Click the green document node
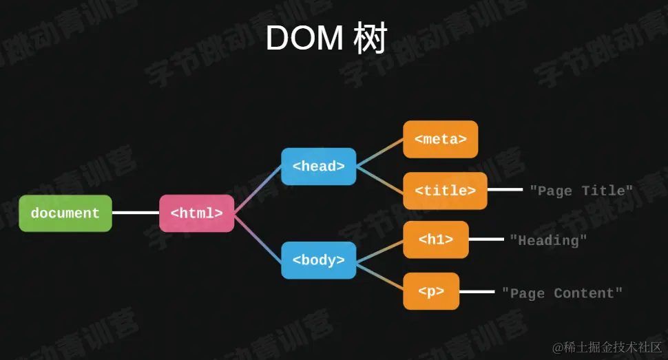coord(65,213)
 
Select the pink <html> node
coord(196,213)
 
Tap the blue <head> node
coord(318,167)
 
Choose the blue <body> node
coord(318,260)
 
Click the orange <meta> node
coord(440,139)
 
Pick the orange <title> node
coord(445,191)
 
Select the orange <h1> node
coord(435,240)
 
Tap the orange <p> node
coord(431,291)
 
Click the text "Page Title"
coord(581,191)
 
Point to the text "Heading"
coord(548,240)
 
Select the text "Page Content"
coord(562,293)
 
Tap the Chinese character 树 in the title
coord(370,39)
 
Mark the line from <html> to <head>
coord(258,190)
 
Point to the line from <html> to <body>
coord(258,237)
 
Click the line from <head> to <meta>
coord(379,153)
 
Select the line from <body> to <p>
coord(379,275)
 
